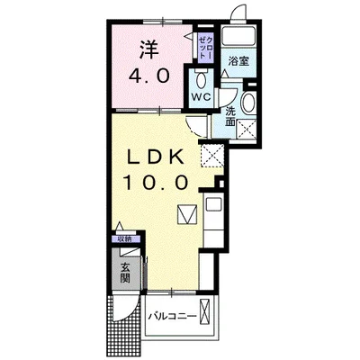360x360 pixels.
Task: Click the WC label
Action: (199, 95)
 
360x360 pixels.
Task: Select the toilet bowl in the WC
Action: (199, 76)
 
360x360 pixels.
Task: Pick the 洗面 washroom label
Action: (231, 115)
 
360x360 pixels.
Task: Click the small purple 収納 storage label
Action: (123, 239)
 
